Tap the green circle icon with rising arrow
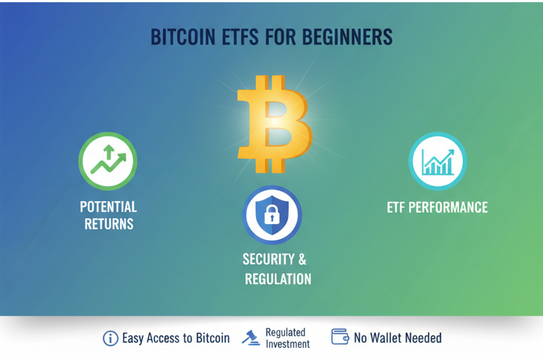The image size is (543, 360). (x=108, y=162)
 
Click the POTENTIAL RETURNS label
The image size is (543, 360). (x=108, y=215)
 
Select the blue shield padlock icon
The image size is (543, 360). (x=271, y=215)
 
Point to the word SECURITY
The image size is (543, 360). (x=268, y=259)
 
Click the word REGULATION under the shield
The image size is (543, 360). (x=278, y=279)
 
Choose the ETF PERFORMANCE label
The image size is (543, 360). (x=437, y=207)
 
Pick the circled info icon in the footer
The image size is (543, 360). (x=110, y=338)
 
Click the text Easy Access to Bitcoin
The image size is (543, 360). (x=176, y=338)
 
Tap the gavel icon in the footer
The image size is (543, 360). (x=251, y=338)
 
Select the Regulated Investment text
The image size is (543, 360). (x=287, y=338)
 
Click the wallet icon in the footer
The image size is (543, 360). (x=339, y=337)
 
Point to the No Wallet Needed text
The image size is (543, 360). (x=398, y=338)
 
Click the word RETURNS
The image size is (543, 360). (x=108, y=223)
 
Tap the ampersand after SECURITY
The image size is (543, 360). (x=302, y=259)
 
